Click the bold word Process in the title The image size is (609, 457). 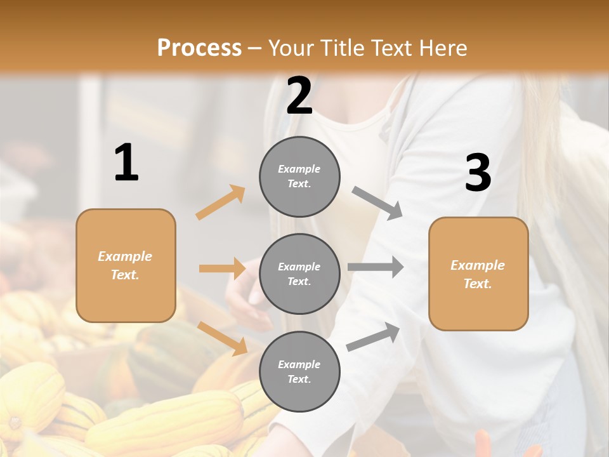[x=199, y=48]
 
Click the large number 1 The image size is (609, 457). [x=126, y=163]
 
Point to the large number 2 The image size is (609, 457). [x=299, y=96]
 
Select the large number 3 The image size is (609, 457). [x=478, y=173]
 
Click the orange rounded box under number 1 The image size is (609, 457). [x=126, y=265]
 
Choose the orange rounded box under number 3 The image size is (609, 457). [x=478, y=274]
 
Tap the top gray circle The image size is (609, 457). [x=299, y=176]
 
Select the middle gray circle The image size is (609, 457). [x=299, y=274]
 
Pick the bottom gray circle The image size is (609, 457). [x=299, y=371]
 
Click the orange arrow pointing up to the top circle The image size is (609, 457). [x=221, y=202]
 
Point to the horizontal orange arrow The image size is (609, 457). [x=222, y=268]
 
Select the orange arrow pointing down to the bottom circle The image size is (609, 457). [x=223, y=338]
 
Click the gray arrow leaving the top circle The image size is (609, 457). [x=377, y=203]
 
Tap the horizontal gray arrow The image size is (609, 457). [x=376, y=267]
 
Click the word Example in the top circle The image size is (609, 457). [x=299, y=169]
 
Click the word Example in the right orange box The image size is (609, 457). [x=478, y=265]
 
